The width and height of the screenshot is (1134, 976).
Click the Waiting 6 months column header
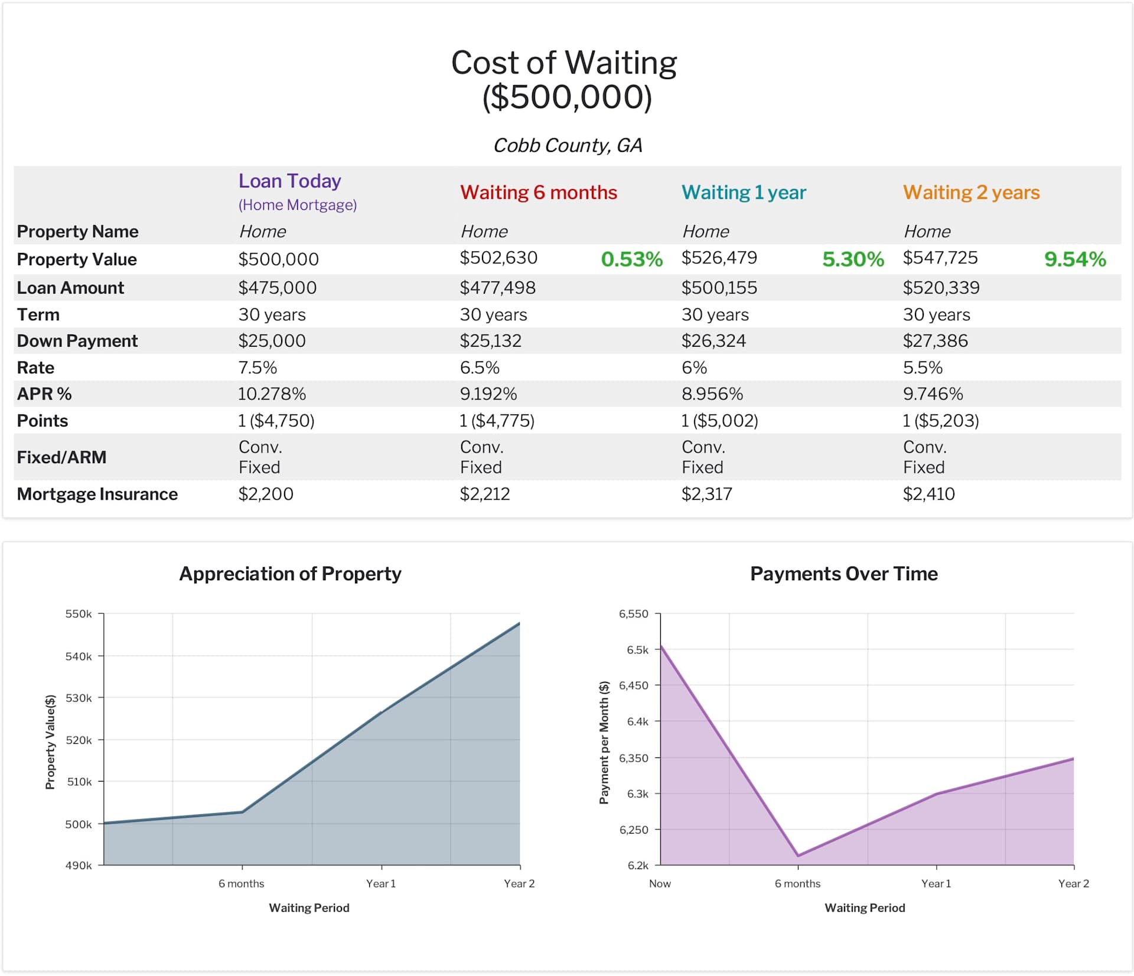pyautogui.click(x=538, y=193)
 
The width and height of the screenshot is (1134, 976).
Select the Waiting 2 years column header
pyautogui.click(x=971, y=193)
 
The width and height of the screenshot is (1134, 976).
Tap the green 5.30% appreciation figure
pyautogui.click(x=853, y=259)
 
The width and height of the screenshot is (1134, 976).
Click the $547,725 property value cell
pyautogui.click(x=940, y=258)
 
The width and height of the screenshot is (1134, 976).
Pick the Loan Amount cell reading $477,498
pyautogui.click(x=497, y=288)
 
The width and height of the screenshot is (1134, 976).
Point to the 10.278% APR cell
pyautogui.click(x=272, y=394)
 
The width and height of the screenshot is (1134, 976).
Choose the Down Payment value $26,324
pyautogui.click(x=713, y=341)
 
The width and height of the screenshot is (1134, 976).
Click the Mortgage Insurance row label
pyautogui.click(x=97, y=494)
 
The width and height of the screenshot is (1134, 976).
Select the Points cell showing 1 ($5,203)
pyautogui.click(x=941, y=421)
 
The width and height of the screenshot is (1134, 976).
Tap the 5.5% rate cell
pyautogui.click(x=923, y=367)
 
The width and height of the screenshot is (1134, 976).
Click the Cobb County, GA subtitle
pyautogui.click(x=567, y=145)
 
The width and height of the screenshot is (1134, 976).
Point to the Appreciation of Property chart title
pyautogui.click(x=290, y=574)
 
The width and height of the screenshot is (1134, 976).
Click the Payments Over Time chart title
pyautogui.click(x=843, y=574)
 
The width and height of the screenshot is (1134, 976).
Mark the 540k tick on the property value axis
pyautogui.click(x=79, y=656)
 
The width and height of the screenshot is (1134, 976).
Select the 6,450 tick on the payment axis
pyautogui.click(x=633, y=685)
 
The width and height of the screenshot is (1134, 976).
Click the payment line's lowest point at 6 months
pyautogui.click(x=798, y=855)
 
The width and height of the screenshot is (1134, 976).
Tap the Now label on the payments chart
pyautogui.click(x=660, y=884)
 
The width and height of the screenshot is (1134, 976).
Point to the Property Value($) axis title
pyautogui.click(x=50, y=741)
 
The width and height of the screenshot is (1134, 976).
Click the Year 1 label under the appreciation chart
pyautogui.click(x=381, y=884)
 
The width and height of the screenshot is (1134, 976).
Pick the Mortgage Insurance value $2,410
pyautogui.click(x=928, y=494)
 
